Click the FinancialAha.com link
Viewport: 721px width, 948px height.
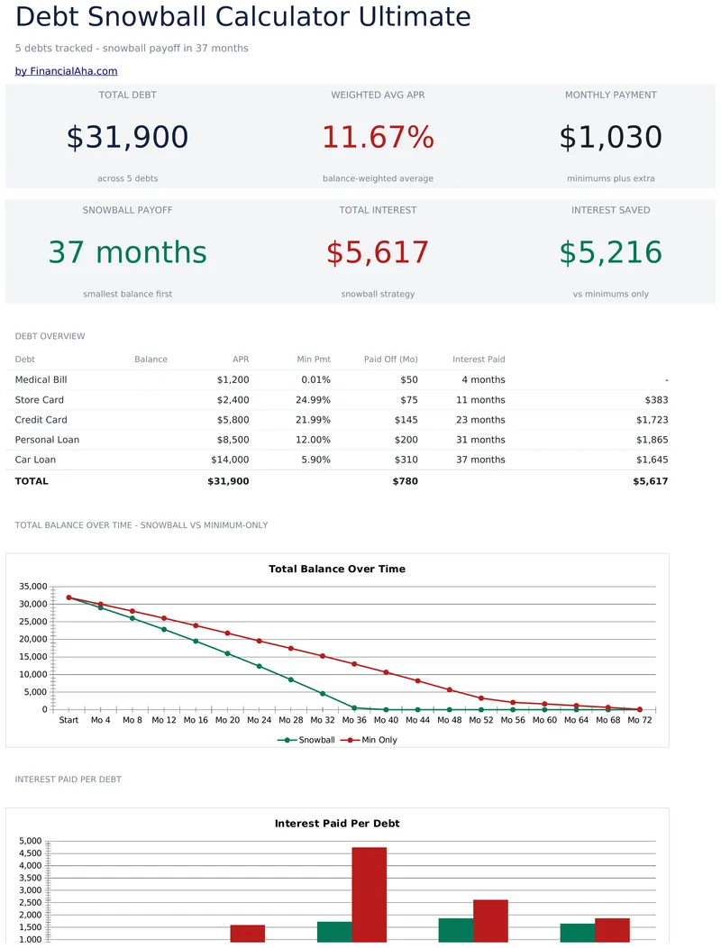[66, 70]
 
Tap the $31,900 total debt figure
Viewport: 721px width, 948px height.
[128, 137]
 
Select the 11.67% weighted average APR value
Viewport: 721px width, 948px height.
[378, 137]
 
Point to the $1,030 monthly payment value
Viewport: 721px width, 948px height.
[610, 137]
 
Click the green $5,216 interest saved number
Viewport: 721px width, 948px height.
[610, 252]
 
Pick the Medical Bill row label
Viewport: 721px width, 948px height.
[41, 379]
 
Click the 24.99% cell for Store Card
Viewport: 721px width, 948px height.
[313, 399]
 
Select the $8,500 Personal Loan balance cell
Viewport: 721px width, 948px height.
[233, 440]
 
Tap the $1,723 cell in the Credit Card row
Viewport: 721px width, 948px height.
[652, 420]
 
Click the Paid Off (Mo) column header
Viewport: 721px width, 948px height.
[391, 360]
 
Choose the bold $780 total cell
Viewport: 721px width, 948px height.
[406, 481]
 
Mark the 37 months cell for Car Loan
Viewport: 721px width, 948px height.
[480, 460]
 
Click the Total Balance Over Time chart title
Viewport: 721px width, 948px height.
[337, 569]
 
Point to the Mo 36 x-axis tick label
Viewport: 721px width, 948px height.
[354, 720]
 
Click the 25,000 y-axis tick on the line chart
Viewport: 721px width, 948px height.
[33, 622]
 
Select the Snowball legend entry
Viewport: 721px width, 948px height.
[306, 740]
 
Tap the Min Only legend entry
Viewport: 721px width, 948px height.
[369, 740]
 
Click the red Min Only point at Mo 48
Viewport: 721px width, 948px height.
[450, 690]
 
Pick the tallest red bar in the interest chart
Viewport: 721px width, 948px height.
[369, 895]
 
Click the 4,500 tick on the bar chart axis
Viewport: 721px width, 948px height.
[31, 853]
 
